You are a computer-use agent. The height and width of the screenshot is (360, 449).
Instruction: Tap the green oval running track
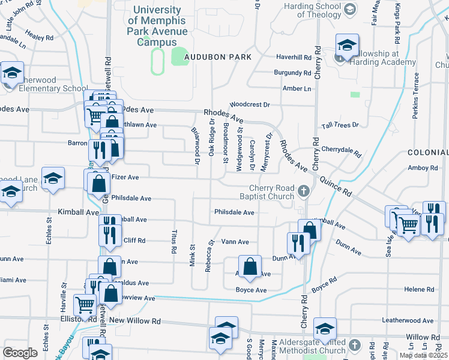(x=157, y=62)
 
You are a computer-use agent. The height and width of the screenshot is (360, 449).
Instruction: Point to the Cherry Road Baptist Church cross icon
(x=304, y=191)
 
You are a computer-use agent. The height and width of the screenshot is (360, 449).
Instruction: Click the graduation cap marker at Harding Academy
(x=347, y=45)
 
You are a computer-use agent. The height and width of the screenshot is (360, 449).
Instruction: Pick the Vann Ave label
(x=235, y=242)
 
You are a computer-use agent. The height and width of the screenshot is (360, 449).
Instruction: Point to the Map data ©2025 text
(x=423, y=355)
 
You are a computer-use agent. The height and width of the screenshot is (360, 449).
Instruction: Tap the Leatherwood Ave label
(x=411, y=321)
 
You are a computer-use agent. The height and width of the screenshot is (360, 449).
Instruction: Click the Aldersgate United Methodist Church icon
(x=355, y=345)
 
